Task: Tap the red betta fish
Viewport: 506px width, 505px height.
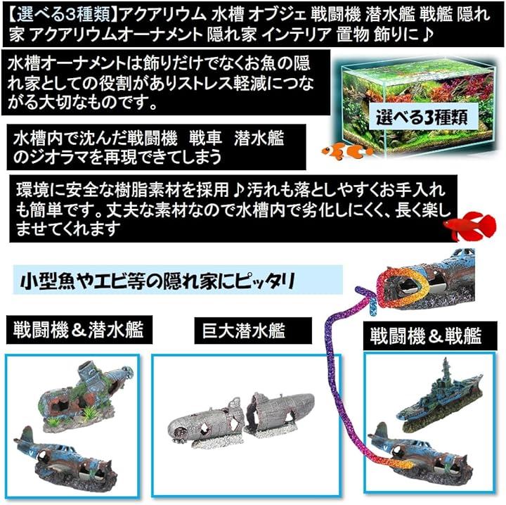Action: click(470, 226)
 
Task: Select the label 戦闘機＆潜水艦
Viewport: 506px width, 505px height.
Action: click(79, 330)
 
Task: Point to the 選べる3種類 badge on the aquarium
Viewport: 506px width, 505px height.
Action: click(422, 117)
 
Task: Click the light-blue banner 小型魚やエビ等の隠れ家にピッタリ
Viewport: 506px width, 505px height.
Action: click(178, 280)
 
